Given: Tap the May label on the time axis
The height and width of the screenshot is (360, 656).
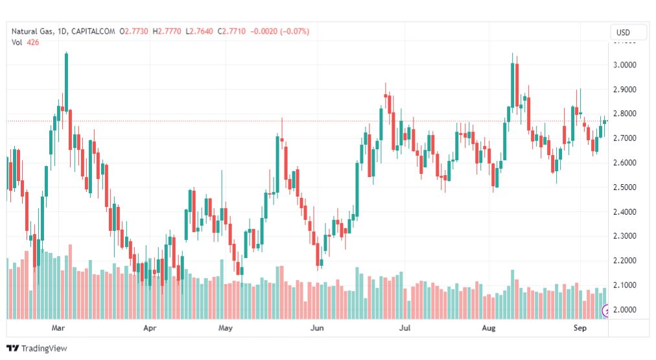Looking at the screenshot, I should pos(225,328).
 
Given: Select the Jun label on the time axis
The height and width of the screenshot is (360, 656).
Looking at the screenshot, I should pos(317,328).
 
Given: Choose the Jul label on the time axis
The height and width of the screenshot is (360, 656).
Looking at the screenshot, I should pos(404,328).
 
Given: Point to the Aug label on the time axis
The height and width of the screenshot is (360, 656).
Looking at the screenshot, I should pos(489,328).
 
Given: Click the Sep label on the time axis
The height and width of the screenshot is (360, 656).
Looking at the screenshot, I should pos(580,328).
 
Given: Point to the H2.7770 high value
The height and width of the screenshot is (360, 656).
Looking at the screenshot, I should pos(166,31).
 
